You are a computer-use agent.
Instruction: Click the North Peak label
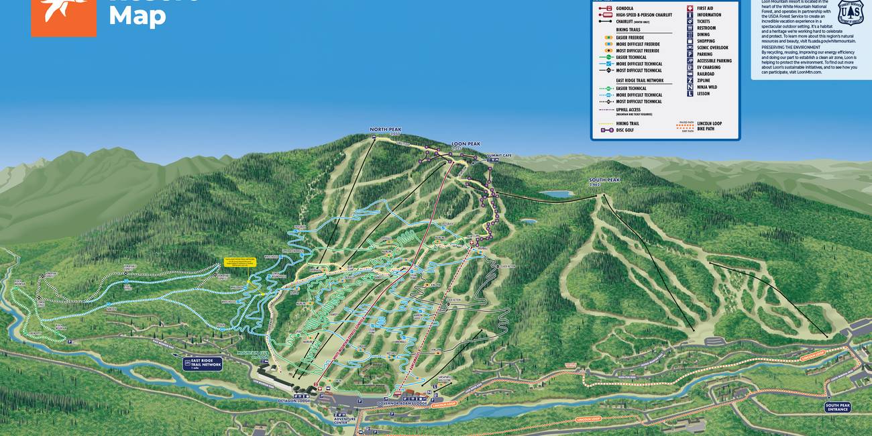pos(385,130)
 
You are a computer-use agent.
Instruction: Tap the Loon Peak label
pos(466,144)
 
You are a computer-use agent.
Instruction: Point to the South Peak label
pos(604,180)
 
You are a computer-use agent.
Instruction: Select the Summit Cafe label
pos(499,155)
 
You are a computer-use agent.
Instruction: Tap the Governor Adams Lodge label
pos(403,403)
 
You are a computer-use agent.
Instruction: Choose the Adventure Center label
pos(340,420)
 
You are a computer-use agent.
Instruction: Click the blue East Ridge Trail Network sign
pos(202,364)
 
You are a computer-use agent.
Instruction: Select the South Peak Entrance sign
pos(837,406)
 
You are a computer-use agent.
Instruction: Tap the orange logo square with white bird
pos(64,17)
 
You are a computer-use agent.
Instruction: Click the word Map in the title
pos(137,17)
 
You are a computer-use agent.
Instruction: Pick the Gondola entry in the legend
pos(624,8)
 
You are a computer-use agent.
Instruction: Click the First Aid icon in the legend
pos(690,8)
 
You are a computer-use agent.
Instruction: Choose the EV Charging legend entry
pos(708,67)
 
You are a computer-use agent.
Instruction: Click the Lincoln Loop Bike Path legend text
pos(709,125)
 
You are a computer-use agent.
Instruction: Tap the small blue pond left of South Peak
pos(556,194)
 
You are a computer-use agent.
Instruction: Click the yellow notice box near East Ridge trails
pos(241,262)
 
